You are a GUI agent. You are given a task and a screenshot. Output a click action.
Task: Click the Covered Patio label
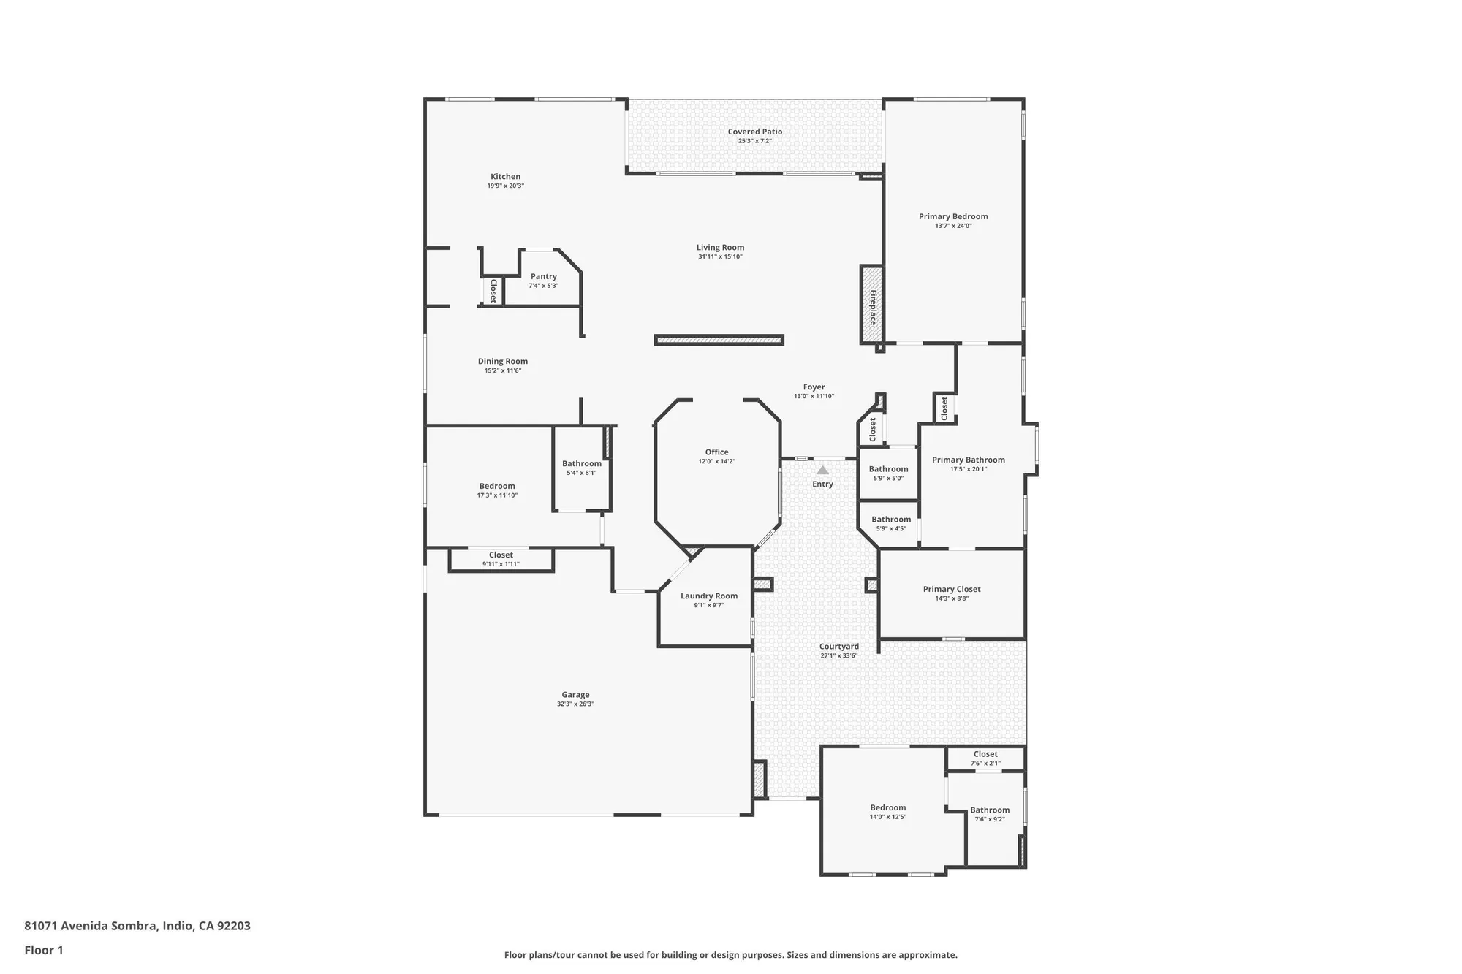coord(754,132)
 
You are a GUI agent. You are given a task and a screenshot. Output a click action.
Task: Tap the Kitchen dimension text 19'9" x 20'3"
coord(505,186)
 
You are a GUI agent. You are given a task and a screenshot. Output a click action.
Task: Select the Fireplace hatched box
coord(871,305)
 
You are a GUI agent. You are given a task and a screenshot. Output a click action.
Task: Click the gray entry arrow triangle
coord(822,471)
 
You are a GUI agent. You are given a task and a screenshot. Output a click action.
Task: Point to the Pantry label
coord(543,276)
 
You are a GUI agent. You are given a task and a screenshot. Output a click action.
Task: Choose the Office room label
coord(716,452)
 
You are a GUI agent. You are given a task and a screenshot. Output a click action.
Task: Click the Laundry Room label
coord(708,596)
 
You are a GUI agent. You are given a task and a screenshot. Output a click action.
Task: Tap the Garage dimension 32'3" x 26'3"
coord(575,704)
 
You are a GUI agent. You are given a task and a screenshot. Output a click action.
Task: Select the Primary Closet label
coord(951,589)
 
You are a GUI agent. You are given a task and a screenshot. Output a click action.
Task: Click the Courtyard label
coord(838,647)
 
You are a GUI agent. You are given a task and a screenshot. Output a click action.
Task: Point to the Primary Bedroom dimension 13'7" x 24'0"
coord(953,226)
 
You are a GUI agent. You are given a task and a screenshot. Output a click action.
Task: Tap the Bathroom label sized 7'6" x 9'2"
coord(989,810)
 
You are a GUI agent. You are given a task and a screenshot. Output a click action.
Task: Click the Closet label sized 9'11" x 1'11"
coord(501,555)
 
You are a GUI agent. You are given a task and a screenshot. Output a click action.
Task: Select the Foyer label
coord(814,387)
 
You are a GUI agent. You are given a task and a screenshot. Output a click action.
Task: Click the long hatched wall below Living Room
coord(719,340)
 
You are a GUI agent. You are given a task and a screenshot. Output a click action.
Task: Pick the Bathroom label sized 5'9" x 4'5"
coord(890,520)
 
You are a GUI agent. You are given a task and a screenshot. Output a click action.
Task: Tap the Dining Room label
coord(502,361)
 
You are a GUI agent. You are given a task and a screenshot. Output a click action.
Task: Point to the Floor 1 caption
coord(44,950)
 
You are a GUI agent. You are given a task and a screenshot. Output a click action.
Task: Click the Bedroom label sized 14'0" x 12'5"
coord(887,807)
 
